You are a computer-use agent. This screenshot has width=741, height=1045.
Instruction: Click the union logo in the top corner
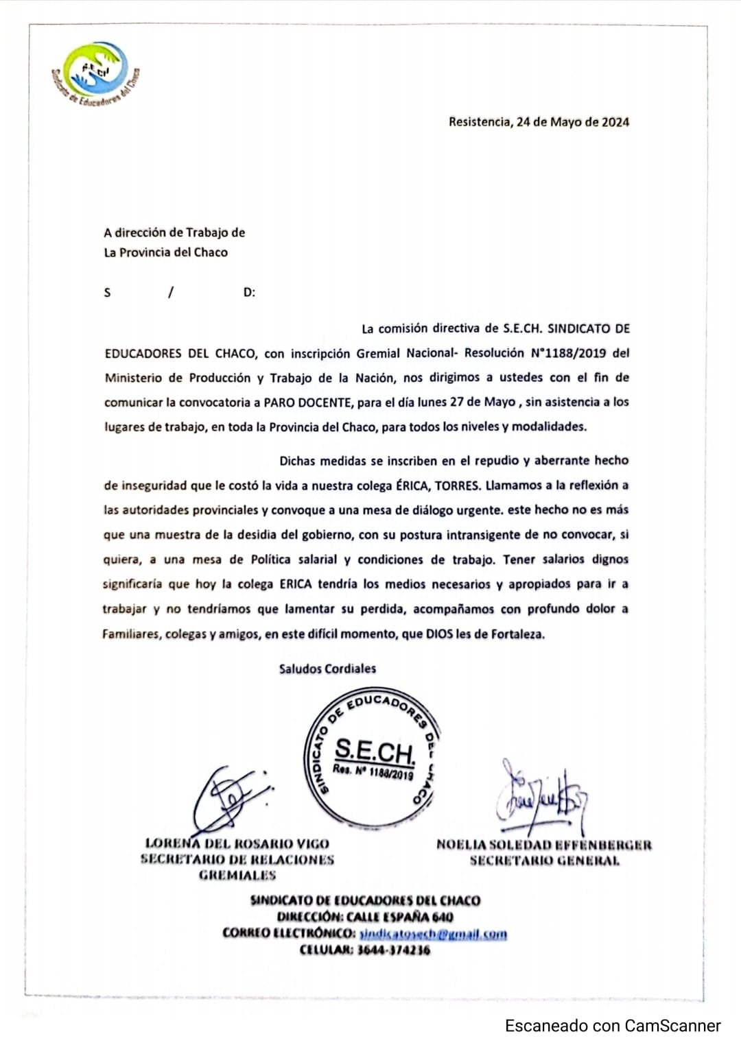(95, 73)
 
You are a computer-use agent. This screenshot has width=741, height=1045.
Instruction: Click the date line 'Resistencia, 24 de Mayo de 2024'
(539, 122)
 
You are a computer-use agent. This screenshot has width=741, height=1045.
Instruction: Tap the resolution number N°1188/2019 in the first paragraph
(568, 353)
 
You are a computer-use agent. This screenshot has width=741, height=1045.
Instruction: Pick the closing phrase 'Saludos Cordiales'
(327, 669)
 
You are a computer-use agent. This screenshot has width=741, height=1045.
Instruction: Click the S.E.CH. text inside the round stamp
(375, 752)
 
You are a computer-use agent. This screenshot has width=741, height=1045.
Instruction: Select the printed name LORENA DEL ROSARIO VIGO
(237, 844)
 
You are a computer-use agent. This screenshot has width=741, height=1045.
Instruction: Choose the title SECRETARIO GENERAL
(544, 861)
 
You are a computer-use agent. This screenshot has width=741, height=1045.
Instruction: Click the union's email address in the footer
(433, 934)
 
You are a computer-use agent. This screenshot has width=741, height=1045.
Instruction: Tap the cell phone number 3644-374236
(394, 950)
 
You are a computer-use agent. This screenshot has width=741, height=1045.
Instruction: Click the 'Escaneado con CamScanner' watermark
(613, 1026)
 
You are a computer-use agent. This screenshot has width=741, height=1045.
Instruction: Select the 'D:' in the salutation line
(249, 293)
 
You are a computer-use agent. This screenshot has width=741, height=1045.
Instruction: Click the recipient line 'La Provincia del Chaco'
(165, 252)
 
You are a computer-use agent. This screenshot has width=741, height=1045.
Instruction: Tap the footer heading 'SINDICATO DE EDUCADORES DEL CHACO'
(365, 901)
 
